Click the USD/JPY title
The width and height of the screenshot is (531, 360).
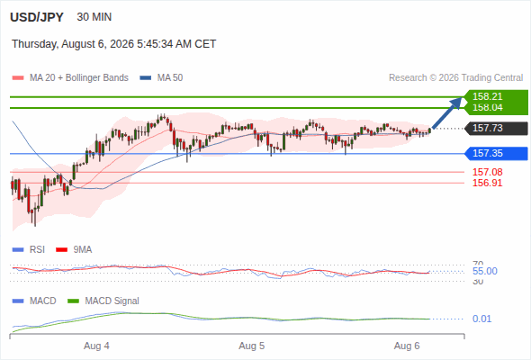tap(37, 17)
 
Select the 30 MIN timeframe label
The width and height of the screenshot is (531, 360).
tap(94, 17)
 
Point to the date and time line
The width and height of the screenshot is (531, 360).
tap(113, 44)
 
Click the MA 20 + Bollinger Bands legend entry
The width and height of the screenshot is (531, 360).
tap(70, 78)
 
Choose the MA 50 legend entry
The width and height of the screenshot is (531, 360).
tap(161, 78)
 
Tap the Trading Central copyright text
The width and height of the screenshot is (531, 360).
tap(455, 78)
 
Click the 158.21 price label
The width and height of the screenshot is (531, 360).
tap(487, 96)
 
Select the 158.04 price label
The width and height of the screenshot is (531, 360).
tap(487, 107)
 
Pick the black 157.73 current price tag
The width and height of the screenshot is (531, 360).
tap(496, 129)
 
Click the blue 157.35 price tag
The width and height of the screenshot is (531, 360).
tap(496, 153)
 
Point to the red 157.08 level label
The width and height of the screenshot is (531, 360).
tap(487, 172)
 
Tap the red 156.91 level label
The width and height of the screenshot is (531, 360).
tap(487, 183)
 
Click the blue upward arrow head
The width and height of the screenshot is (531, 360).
tap(456, 103)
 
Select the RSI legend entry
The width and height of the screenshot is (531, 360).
tap(28, 249)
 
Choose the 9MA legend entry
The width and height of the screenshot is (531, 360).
tap(74, 249)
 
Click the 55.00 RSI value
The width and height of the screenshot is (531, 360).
tap(485, 271)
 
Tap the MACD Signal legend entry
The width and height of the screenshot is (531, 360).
tap(103, 301)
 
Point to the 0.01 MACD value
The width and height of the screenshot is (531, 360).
tap(481, 319)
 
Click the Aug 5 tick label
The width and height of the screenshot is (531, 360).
tap(252, 346)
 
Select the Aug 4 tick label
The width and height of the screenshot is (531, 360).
tap(96, 346)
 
